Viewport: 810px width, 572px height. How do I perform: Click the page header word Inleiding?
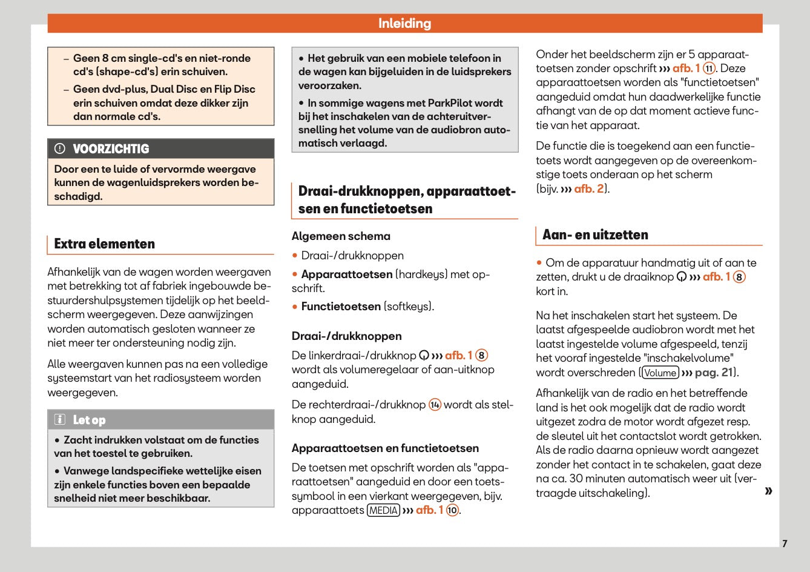(x=404, y=24)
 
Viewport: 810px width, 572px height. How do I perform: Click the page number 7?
(x=785, y=544)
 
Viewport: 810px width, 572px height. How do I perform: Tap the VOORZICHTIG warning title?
(x=111, y=149)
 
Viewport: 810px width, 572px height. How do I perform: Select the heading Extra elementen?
(x=104, y=244)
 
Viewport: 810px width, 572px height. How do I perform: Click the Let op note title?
(x=89, y=420)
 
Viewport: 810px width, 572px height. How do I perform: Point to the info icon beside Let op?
(x=60, y=420)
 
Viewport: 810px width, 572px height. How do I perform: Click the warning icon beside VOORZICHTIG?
(x=60, y=149)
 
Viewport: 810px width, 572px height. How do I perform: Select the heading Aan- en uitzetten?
(x=595, y=235)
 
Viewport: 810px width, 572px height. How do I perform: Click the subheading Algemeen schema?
(x=341, y=236)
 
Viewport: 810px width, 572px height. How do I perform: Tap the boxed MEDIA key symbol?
(x=384, y=510)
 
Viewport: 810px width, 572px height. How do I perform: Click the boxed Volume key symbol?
(x=660, y=373)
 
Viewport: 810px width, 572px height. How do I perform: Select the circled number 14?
(x=435, y=405)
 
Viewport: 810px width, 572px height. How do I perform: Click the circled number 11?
(x=709, y=68)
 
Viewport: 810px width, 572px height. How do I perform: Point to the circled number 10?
(x=452, y=510)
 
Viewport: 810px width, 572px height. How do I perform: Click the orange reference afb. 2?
(x=588, y=189)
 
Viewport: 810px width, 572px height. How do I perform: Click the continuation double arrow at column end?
(x=768, y=491)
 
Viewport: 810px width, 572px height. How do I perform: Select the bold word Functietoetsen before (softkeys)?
(x=341, y=307)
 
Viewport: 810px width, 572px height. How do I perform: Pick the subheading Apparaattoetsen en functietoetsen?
(x=385, y=448)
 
